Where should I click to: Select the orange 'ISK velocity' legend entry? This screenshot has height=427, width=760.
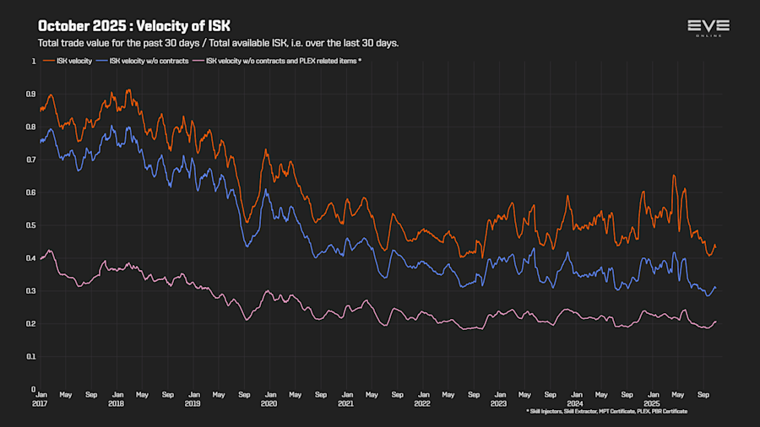(68, 61)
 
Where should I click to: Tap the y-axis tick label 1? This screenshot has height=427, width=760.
(34, 61)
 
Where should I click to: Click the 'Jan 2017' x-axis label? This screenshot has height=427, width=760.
(40, 399)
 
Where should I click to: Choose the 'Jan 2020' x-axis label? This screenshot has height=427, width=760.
(269, 399)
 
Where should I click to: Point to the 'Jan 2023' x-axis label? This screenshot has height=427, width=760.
(499, 399)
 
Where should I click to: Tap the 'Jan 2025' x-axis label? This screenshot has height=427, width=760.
(652, 399)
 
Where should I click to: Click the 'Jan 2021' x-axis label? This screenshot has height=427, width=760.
(346, 399)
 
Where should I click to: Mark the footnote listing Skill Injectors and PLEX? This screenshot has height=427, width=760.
(605, 411)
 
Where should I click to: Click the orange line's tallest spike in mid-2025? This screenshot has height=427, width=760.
(673, 176)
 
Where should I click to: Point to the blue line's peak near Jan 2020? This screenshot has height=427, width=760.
(266, 190)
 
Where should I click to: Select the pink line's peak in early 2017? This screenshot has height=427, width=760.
(49, 251)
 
